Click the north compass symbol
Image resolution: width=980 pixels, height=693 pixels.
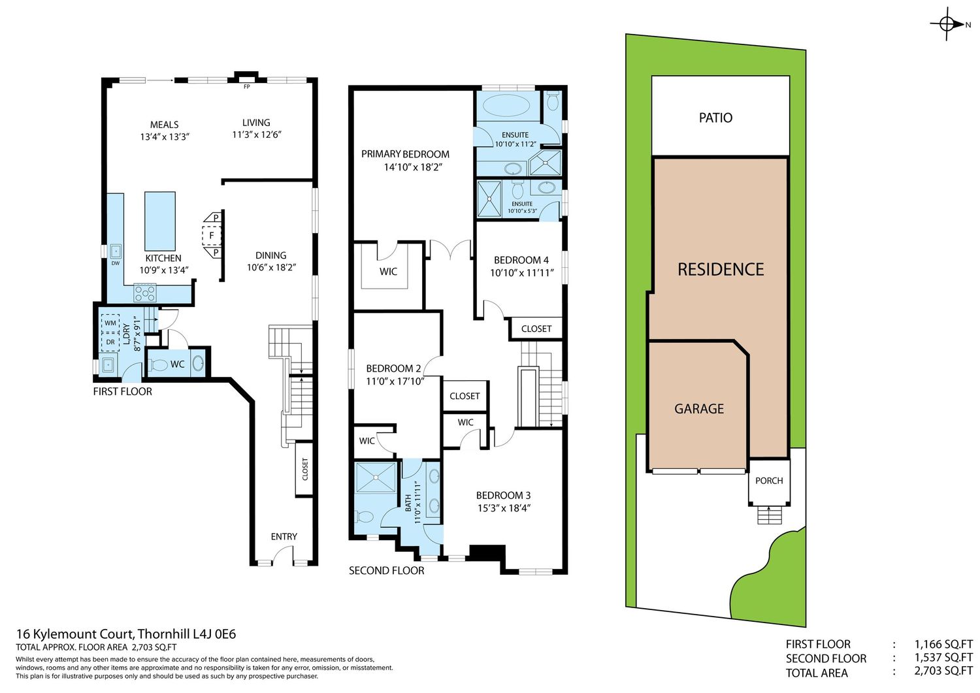point(947,25)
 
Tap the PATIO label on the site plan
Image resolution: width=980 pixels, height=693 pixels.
point(715,118)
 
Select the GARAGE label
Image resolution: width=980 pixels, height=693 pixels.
point(698,409)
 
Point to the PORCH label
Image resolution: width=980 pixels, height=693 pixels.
point(769,480)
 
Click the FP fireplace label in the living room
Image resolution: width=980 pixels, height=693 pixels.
point(247,87)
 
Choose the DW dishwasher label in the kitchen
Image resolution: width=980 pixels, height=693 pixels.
point(116,263)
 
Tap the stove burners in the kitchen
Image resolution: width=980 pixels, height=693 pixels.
point(145,293)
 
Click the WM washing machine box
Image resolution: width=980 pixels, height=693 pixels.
point(110,323)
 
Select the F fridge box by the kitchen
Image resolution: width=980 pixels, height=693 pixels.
point(212,236)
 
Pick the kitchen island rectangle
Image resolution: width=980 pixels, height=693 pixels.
point(160,221)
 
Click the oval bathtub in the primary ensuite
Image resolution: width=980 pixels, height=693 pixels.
point(506,105)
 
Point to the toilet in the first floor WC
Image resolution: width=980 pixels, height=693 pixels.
point(158,364)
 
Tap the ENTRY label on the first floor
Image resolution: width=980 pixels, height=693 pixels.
point(284,536)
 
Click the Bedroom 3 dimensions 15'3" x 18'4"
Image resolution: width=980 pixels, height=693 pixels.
point(504,508)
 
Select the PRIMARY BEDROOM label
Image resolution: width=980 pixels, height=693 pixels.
point(405,154)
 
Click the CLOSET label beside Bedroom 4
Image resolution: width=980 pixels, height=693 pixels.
point(536,329)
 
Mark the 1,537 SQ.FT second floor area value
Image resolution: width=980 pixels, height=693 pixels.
point(943,658)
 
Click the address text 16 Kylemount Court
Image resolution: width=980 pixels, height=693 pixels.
point(74,634)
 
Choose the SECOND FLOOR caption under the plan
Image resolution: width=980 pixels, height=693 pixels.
point(386,570)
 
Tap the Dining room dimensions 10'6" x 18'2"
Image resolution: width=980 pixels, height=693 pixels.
point(271,267)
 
